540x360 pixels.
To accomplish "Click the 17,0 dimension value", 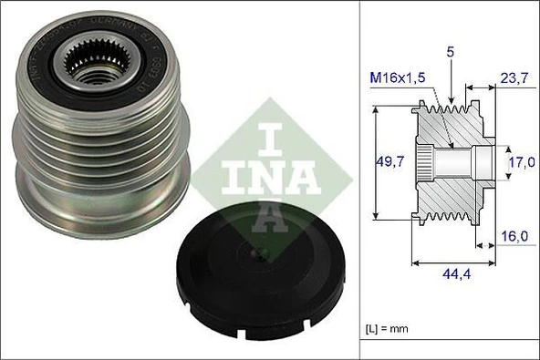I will [x=523, y=164].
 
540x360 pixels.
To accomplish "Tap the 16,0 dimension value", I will [x=516, y=237].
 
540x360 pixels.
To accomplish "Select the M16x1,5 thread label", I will [x=398, y=78].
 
